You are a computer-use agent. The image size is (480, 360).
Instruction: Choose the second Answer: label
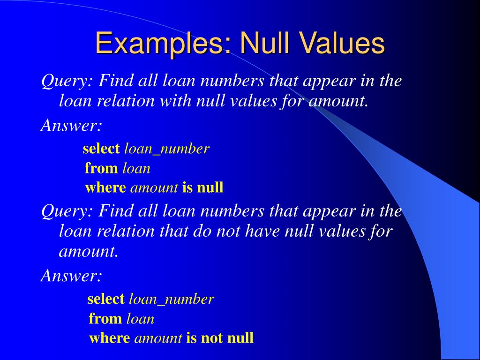(x=71, y=276)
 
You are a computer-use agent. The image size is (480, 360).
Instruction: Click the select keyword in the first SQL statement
(x=101, y=149)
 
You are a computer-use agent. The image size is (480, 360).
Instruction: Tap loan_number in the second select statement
(x=171, y=299)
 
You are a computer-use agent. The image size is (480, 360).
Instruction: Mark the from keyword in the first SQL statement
(x=102, y=168)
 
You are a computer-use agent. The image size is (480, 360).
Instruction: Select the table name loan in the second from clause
(x=140, y=319)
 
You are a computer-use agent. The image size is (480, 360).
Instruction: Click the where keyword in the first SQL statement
(x=105, y=188)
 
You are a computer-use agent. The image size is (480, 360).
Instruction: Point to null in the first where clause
(x=210, y=188)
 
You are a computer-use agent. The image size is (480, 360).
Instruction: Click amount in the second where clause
(x=158, y=338)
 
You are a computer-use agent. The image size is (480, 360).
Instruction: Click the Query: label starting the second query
(x=67, y=211)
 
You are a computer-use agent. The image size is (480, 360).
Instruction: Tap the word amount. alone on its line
(x=89, y=251)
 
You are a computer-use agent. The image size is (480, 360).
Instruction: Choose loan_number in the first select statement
(x=166, y=149)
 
